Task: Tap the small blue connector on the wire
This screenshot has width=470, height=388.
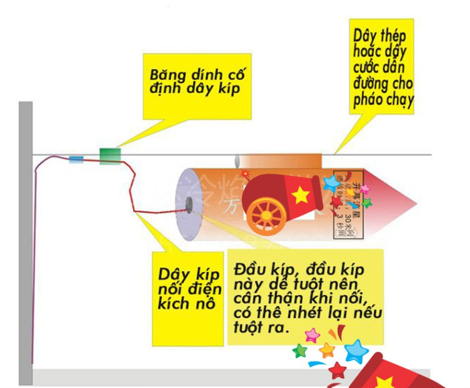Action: (x=76, y=160)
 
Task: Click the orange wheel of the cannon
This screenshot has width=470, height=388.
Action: (x=267, y=215)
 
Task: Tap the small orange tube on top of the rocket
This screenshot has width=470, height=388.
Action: (x=281, y=161)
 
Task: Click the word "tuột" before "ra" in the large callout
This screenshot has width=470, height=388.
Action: (x=247, y=325)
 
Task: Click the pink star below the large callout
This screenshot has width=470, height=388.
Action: (x=311, y=336)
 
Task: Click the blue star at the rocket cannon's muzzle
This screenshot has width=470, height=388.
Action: (x=331, y=183)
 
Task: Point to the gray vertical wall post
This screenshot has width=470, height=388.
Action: (x=25, y=243)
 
